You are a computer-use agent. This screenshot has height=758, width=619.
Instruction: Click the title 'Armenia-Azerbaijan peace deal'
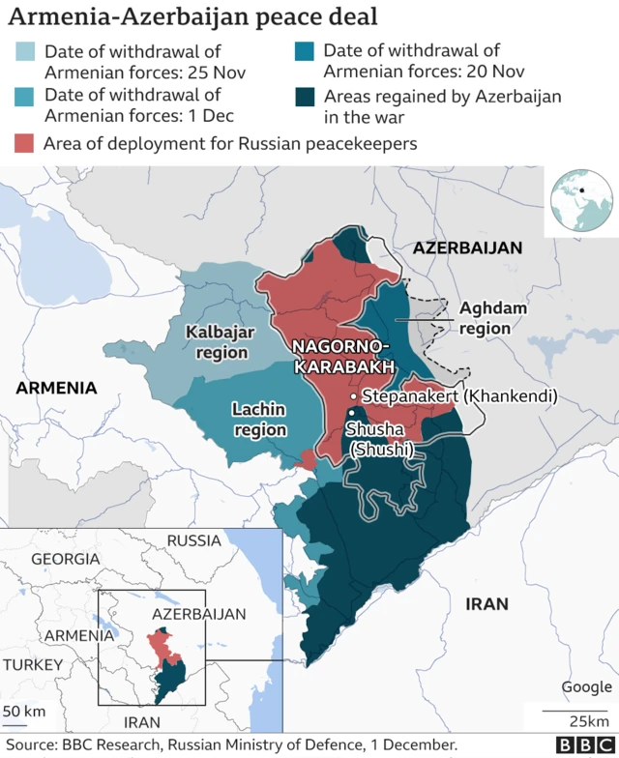click(193, 16)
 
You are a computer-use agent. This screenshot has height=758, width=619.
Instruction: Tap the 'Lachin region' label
click(259, 420)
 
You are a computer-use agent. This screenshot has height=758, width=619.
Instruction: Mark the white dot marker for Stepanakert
click(354, 396)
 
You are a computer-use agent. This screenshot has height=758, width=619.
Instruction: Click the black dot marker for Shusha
click(351, 415)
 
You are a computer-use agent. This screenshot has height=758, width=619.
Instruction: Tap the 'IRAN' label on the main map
click(486, 603)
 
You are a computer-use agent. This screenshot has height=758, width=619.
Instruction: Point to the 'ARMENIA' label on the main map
click(56, 388)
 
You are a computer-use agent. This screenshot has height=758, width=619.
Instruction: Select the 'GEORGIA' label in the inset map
click(65, 559)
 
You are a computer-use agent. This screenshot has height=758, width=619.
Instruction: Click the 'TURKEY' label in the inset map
click(33, 665)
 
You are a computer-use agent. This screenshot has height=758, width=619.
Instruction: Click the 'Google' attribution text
click(586, 686)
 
